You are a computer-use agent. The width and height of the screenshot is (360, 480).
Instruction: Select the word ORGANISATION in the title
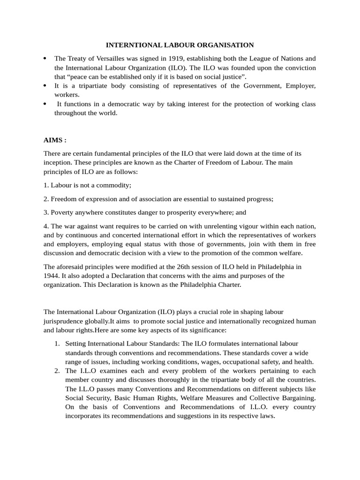click(228, 45)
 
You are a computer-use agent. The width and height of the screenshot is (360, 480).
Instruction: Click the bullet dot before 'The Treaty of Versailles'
click(45, 59)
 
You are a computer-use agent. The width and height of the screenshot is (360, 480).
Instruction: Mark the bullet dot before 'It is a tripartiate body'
click(45, 86)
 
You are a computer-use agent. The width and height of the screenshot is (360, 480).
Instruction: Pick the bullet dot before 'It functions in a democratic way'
click(45, 104)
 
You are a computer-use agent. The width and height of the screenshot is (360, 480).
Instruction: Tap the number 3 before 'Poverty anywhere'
click(45, 212)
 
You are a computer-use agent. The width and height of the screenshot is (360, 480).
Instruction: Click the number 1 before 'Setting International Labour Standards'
click(56, 344)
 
